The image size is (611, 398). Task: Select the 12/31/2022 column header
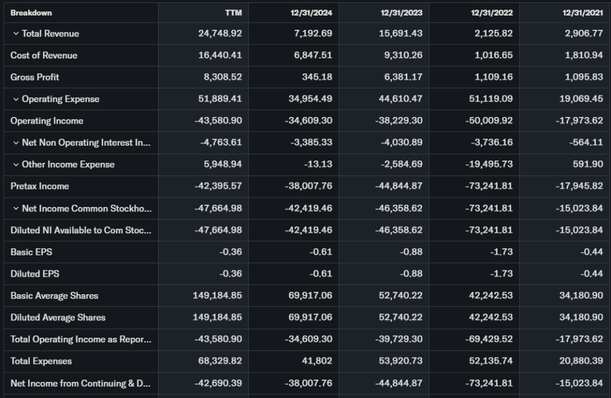[x=492, y=13]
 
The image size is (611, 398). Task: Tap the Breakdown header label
[x=31, y=13]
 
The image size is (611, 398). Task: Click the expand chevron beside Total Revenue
[x=16, y=34]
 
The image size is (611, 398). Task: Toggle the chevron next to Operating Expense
[x=16, y=99]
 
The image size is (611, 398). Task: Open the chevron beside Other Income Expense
[x=16, y=165]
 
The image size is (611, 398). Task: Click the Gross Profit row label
[x=35, y=77]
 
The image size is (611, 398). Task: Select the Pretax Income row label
[x=39, y=186]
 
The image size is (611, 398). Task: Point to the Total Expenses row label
[x=41, y=361]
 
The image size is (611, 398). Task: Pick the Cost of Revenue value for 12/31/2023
[x=402, y=55]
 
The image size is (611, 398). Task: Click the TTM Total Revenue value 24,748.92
[x=220, y=34]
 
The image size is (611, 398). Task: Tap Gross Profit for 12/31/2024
[x=317, y=77]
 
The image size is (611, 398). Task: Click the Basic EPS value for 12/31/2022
[x=501, y=252]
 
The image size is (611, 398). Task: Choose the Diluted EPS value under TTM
[x=230, y=274]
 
